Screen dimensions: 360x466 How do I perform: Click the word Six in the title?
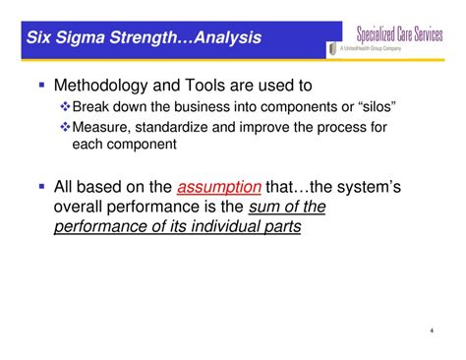click(x=41, y=38)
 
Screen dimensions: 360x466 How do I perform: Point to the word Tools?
click(x=218, y=87)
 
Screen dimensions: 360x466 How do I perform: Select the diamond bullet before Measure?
click(x=66, y=127)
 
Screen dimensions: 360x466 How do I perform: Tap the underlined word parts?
click(x=278, y=226)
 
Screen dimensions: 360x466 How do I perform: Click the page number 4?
click(x=433, y=331)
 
